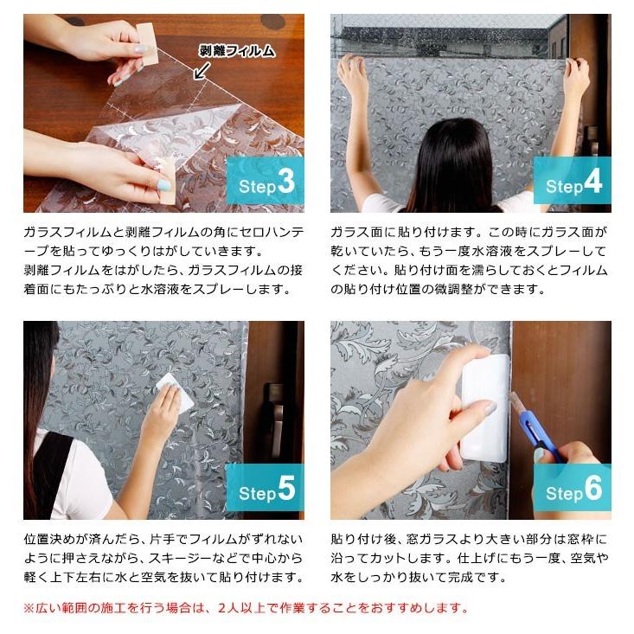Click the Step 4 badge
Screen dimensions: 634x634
(572, 184)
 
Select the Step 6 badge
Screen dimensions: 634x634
(572, 491)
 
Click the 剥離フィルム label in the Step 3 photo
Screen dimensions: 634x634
(236, 51)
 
